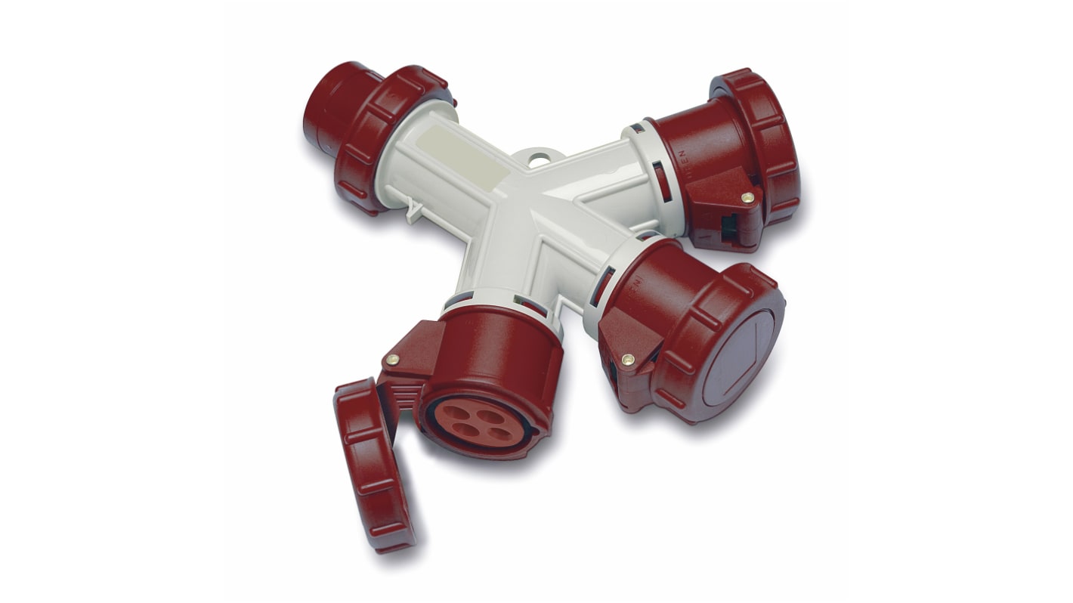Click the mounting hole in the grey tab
coord(537,160)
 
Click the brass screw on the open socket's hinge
coord(392,360)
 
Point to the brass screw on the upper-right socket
coord(747,198)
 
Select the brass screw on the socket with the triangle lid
coord(626,360)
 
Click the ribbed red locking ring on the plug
coord(385,136)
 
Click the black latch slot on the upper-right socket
coord(729,227)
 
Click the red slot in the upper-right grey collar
coord(662,181)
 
